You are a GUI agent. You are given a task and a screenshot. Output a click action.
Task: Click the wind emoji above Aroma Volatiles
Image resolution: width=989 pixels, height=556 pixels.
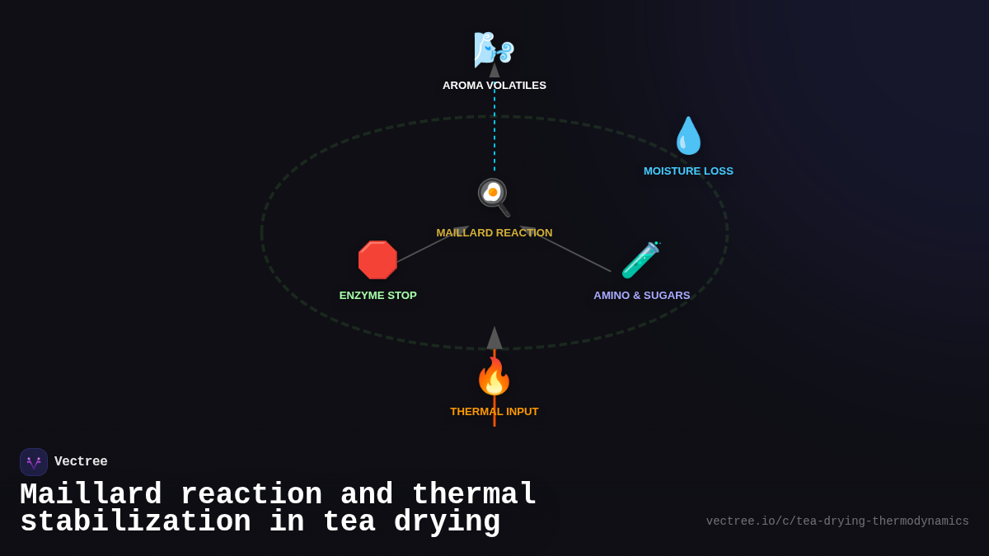pos(494,49)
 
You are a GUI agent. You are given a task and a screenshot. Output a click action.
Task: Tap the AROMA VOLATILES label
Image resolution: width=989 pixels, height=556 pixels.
pos(494,86)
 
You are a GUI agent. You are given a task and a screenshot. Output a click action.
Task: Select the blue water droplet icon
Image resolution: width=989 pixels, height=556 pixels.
pos(688,136)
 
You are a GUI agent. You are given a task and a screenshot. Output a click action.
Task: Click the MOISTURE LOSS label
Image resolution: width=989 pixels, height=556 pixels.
pos(688,171)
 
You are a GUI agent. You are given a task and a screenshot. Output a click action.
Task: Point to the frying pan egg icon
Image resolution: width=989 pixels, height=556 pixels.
pos(494,198)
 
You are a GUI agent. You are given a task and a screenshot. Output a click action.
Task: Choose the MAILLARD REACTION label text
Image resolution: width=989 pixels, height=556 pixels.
pos(494,233)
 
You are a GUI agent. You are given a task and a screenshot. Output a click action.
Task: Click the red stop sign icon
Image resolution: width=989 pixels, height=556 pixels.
pos(377,260)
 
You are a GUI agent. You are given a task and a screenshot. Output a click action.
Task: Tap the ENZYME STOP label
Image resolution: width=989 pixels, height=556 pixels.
pos(378,296)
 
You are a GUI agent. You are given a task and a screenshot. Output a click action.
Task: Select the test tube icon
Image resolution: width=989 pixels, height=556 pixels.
pos(640,260)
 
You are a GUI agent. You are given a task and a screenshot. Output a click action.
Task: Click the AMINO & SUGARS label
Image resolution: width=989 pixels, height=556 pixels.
pos(642,296)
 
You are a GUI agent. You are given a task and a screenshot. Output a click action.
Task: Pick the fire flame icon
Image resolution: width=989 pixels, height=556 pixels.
pos(494,376)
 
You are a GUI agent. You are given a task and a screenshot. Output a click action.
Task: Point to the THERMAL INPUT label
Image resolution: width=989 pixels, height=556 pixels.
pos(494,412)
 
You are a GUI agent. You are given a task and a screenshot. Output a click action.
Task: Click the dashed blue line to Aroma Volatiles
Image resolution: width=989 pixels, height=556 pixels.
pos(494,132)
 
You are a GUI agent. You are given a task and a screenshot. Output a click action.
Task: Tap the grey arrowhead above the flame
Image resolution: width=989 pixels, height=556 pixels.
pos(494,339)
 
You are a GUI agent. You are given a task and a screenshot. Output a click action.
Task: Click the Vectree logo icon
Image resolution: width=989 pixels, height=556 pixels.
pos(34,462)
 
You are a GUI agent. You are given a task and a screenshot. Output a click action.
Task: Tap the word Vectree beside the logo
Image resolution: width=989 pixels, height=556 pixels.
pos(81,462)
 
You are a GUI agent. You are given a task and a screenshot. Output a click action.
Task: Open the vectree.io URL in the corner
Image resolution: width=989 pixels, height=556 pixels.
pos(837,521)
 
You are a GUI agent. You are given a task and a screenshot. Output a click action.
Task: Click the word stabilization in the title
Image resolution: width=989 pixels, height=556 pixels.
pos(135,522)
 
